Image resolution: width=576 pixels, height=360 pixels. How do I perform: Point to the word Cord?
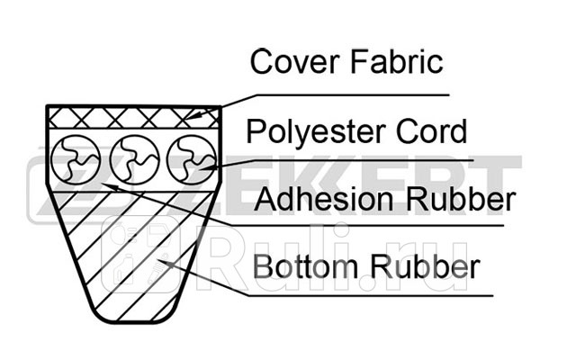(x=432, y=131)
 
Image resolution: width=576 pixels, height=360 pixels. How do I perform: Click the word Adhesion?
(x=324, y=199)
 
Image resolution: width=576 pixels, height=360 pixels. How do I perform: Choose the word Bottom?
(x=305, y=266)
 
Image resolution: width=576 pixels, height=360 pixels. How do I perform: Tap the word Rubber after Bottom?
(x=425, y=266)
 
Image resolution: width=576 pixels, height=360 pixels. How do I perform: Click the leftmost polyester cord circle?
(x=76, y=160)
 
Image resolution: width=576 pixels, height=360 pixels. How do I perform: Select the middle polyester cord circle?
(x=135, y=160)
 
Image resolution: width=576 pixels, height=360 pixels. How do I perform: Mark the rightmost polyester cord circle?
(x=192, y=160)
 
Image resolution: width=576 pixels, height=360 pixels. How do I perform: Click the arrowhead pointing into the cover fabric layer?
(x=192, y=116)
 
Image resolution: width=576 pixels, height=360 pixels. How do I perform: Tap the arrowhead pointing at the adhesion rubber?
(x=110, y=186)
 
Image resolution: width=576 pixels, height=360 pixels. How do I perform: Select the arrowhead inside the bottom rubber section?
(x=166, y=264)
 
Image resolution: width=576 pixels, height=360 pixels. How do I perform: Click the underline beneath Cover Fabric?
(x=353, y=95)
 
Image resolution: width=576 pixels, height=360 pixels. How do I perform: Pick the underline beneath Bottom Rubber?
(x=370, y=295)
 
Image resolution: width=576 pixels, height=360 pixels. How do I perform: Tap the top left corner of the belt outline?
(x=47, y=106)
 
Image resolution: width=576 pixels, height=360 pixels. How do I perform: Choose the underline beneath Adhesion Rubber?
(x=366, y=226)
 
